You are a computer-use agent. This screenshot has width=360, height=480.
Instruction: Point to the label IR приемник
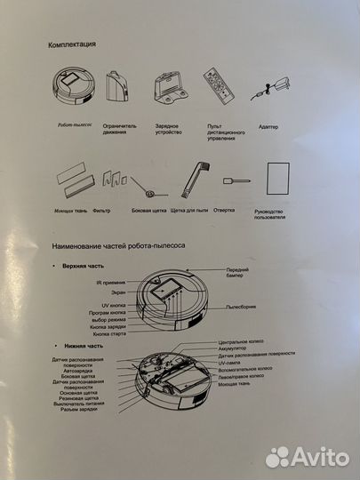110,282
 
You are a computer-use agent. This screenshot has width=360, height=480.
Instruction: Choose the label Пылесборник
246,306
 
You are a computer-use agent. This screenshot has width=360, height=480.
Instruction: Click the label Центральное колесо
244,340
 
